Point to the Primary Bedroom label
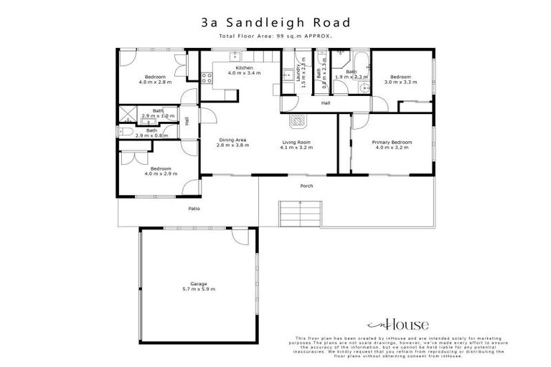pos(390,142)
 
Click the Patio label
pos(194,209)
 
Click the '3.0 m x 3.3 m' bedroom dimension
pos(400,82)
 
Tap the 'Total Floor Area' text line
pos(275,35)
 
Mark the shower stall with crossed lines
pos(129,113)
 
